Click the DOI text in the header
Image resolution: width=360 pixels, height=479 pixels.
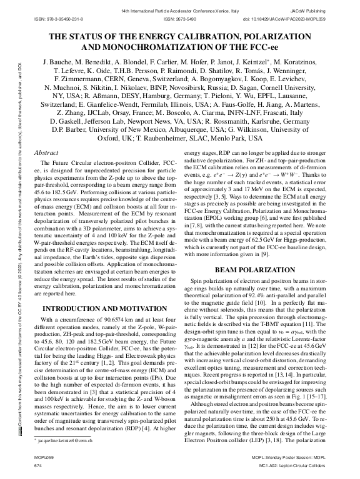289,19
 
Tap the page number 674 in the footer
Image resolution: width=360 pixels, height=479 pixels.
37,466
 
